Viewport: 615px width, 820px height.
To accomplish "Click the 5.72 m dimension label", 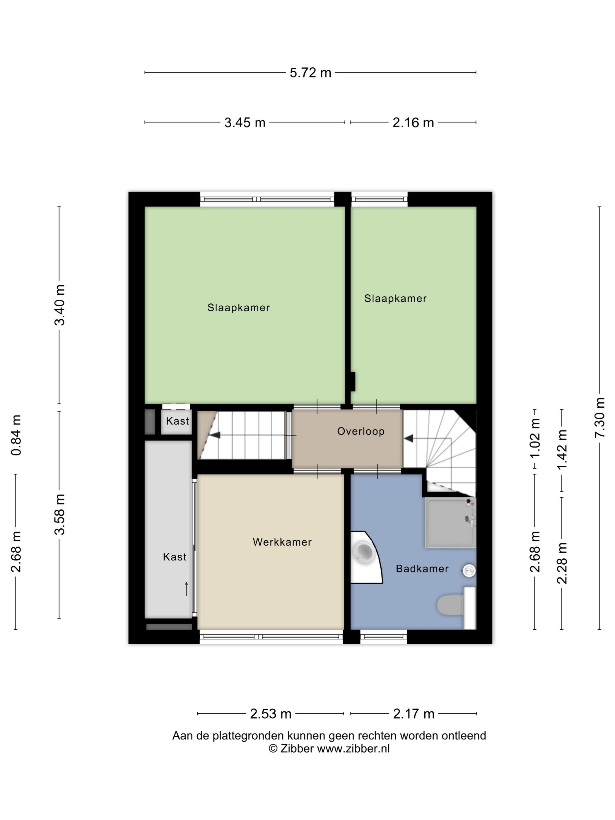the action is pos(310,73).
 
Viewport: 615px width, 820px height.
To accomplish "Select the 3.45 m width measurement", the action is pos(245,122).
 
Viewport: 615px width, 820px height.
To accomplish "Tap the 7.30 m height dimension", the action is pos(599,417).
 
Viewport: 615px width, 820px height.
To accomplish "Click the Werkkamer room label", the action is pos(282,542).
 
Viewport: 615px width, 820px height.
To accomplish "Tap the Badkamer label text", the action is pos(422,569).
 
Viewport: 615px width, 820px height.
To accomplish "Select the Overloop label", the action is pos(361,431).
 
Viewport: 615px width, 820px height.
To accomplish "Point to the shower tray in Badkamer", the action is pos(450,523).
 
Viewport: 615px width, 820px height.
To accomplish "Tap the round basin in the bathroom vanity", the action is pos(364,552).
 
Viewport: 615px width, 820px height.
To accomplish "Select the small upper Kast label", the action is pos(177,421).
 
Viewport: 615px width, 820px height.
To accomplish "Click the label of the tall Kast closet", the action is pos(175,557).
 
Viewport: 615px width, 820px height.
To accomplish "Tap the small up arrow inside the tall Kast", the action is pos(186,589).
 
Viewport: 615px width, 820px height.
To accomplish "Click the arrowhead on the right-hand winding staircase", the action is pos(409,438).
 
